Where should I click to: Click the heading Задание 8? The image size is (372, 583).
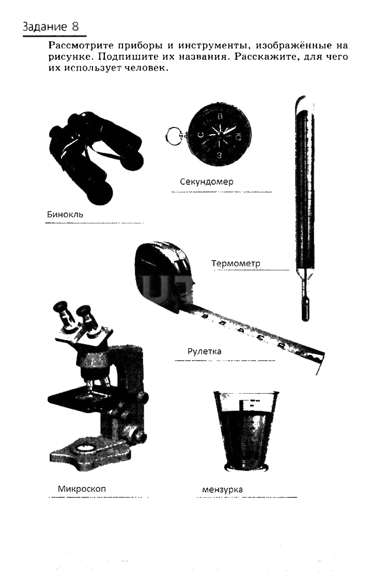pos(51,26)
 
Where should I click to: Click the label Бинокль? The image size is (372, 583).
pos(65,214)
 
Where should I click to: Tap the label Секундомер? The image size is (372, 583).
pos(207,182)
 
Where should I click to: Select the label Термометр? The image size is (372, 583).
pos(236,263)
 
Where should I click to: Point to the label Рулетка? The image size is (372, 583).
pos(204,351)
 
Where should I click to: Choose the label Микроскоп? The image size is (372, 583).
pos(82,489)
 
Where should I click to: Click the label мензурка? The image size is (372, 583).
pos(222,490)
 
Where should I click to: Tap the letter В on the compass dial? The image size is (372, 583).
pos(220,117)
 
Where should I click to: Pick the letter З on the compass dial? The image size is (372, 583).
pos(219,155)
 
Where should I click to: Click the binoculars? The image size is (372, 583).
pos(95,157)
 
